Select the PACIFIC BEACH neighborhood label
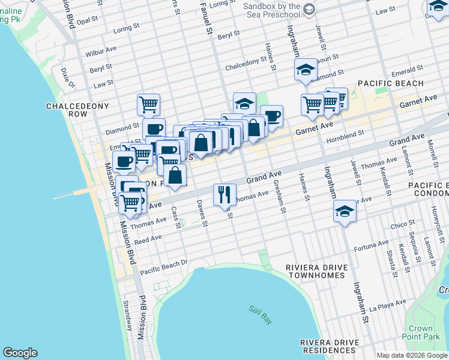pyautogui.click(x=391, y=83)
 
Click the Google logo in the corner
pyautogui.click(x=20, y=353)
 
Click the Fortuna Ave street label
pyautogui.click(x=372, y=245)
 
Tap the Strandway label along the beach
pyautogui.click(x=128, y=316)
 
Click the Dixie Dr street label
pyautogui.click(x=67, y=77)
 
